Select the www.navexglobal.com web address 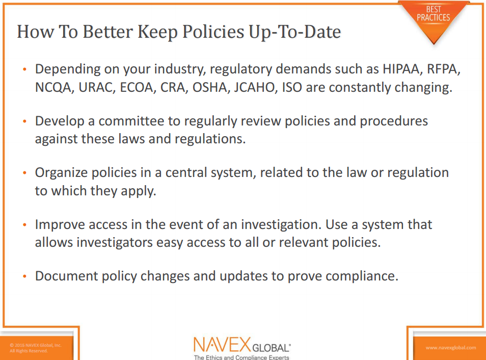(450, 348)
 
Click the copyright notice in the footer (35, 348)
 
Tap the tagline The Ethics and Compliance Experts (241, 357)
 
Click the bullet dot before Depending (25, 70)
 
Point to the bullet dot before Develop (25, 122)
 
